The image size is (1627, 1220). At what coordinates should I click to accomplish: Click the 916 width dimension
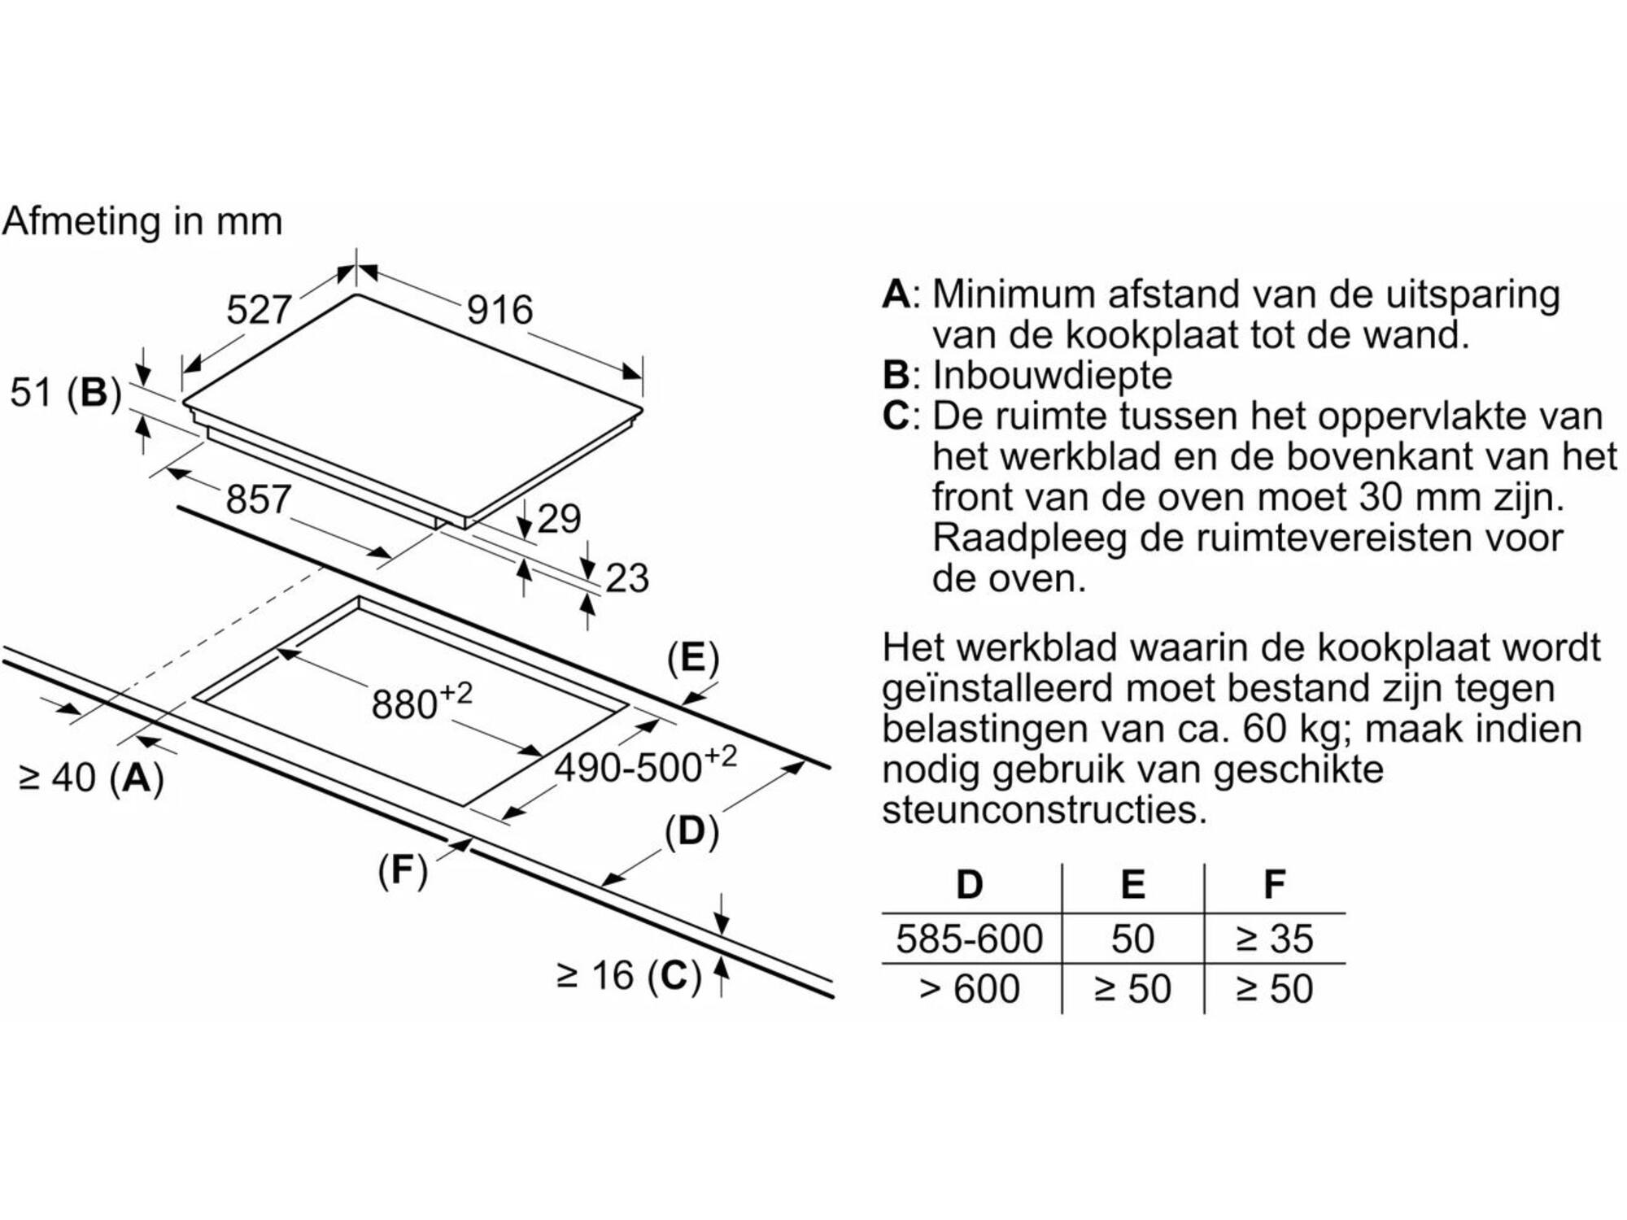click(x=499, y=310)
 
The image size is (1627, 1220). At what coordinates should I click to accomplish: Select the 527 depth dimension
click(x=259, y=310)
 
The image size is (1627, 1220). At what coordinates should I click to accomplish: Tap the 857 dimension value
click(x=258, y=499)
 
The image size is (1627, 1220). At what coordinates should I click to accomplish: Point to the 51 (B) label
click(x=65, y=393)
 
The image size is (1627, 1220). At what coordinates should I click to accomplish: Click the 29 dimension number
click(x=560, y=519)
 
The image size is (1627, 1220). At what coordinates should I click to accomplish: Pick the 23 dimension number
click(x=627, y=578)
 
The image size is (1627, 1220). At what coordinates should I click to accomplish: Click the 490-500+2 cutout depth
click(x=646, y=765)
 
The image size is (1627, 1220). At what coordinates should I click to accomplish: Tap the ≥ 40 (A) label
click(x=92, y=778)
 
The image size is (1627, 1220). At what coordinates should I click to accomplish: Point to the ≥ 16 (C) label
click(x=629, y=976)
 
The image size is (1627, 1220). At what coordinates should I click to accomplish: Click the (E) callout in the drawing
click(x=693, y=658)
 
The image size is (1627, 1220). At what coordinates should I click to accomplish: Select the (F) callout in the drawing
click(x=403, y=870)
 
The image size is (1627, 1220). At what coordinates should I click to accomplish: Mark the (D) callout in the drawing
click(x=691, y=832)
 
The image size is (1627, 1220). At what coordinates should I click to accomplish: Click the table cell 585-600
click(x=969, y=939)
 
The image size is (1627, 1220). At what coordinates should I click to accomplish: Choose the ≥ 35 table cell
click(x=1275, y=939)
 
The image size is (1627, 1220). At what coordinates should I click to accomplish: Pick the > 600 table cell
click(x=969, y=989)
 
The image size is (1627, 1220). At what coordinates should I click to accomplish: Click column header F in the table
click(x=1275, y=884)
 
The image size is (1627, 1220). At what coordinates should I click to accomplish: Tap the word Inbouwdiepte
click(x=1053, y=376)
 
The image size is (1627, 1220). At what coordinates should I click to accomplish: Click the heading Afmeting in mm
click(x=142, y=221)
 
